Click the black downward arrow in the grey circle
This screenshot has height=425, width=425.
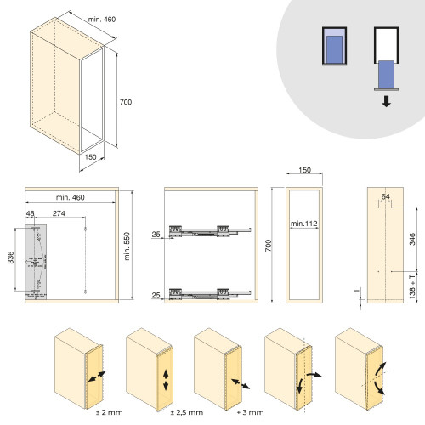[x=387, y=101]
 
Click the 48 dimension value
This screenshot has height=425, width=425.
[x=30, y=212]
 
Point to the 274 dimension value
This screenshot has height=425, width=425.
[x=59, y=212]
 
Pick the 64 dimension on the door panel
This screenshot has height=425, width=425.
[x=387, y=197]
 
